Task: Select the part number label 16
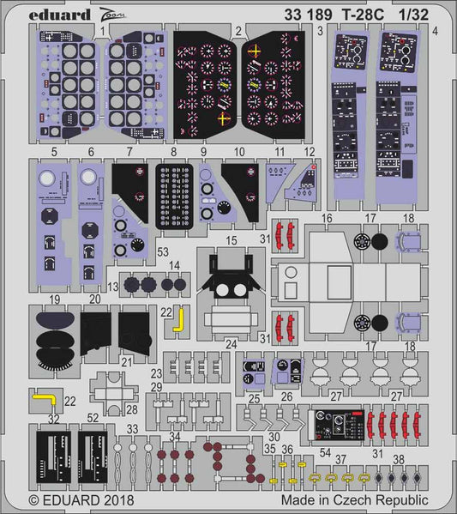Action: pos(327,220)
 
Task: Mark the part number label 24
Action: pos(231,345)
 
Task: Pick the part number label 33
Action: pos(131,428)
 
